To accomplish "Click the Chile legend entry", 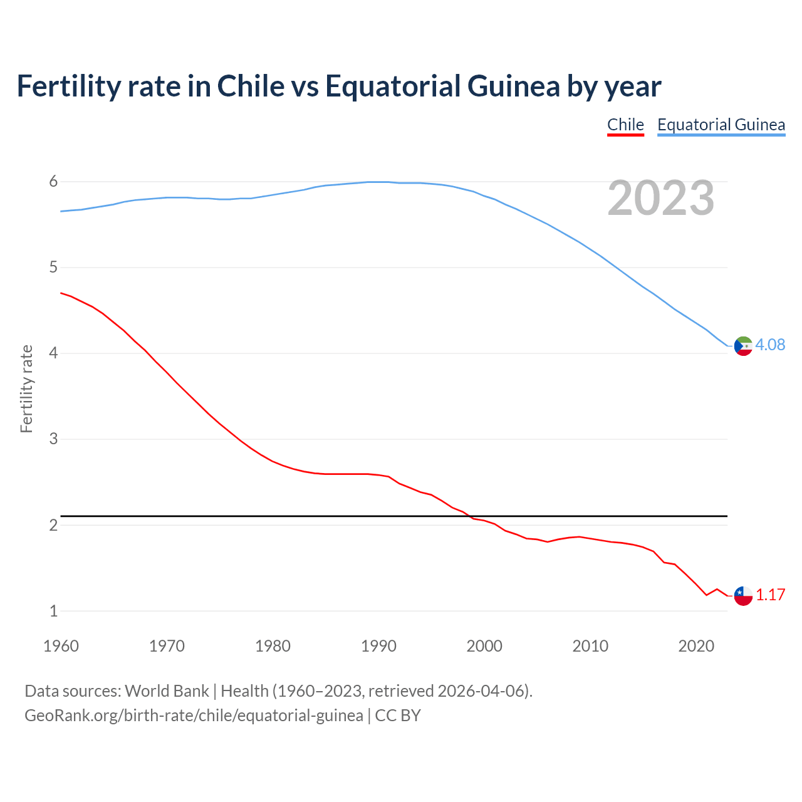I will click(625, 125).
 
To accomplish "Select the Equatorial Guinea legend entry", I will click(721, 125).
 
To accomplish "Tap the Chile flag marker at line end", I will click(743, 596).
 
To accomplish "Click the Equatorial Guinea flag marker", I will click(743, 346).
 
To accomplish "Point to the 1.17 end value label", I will click(770, 595).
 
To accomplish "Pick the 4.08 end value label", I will click(770, 345).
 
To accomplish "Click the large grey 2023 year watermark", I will click(660, 199).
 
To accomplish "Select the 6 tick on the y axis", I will click(53, 182).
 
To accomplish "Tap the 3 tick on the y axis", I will click(53, 439).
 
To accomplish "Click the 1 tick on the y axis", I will click(53, 611).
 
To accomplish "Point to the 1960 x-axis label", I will click(61, 646).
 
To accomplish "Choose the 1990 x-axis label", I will click(378, 646).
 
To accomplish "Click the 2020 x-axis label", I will click(696, 646).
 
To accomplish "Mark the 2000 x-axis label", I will click(484, 646).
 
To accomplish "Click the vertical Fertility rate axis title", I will click(26, 388).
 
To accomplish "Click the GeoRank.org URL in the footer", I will click(194, 716).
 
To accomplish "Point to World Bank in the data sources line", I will click(167, 691).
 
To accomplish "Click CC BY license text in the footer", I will click(398, 716).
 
